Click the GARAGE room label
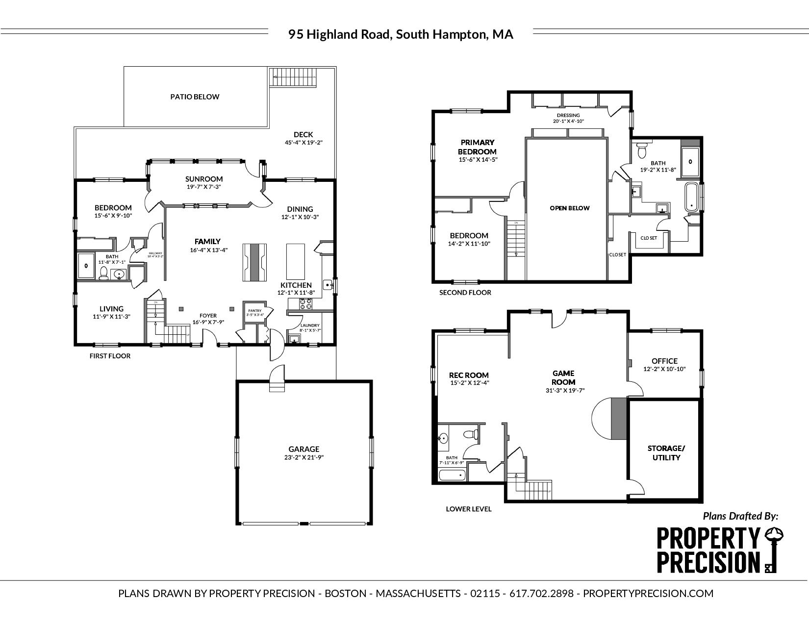click(303, 449)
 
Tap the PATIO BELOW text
click(195, 97)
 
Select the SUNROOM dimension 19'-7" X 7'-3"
click(204, 187)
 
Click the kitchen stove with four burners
click(306, 304)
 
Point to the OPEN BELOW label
click(569, 208)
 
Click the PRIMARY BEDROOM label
click(478, 147)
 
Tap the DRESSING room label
click(568, 115)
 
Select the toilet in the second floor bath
click(641, 150)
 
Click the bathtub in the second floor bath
click(691, 196)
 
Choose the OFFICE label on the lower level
click(664, 361)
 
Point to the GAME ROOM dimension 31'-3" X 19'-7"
click(565, 391)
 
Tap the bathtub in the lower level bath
click(452, 475)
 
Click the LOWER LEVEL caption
click(468, 509)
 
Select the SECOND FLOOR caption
click(465, 293)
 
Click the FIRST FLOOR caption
click(110, 356)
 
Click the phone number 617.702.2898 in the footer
click(541, 594)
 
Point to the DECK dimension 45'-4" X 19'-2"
click(303, 143)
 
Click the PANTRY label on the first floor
click(255, 311)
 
